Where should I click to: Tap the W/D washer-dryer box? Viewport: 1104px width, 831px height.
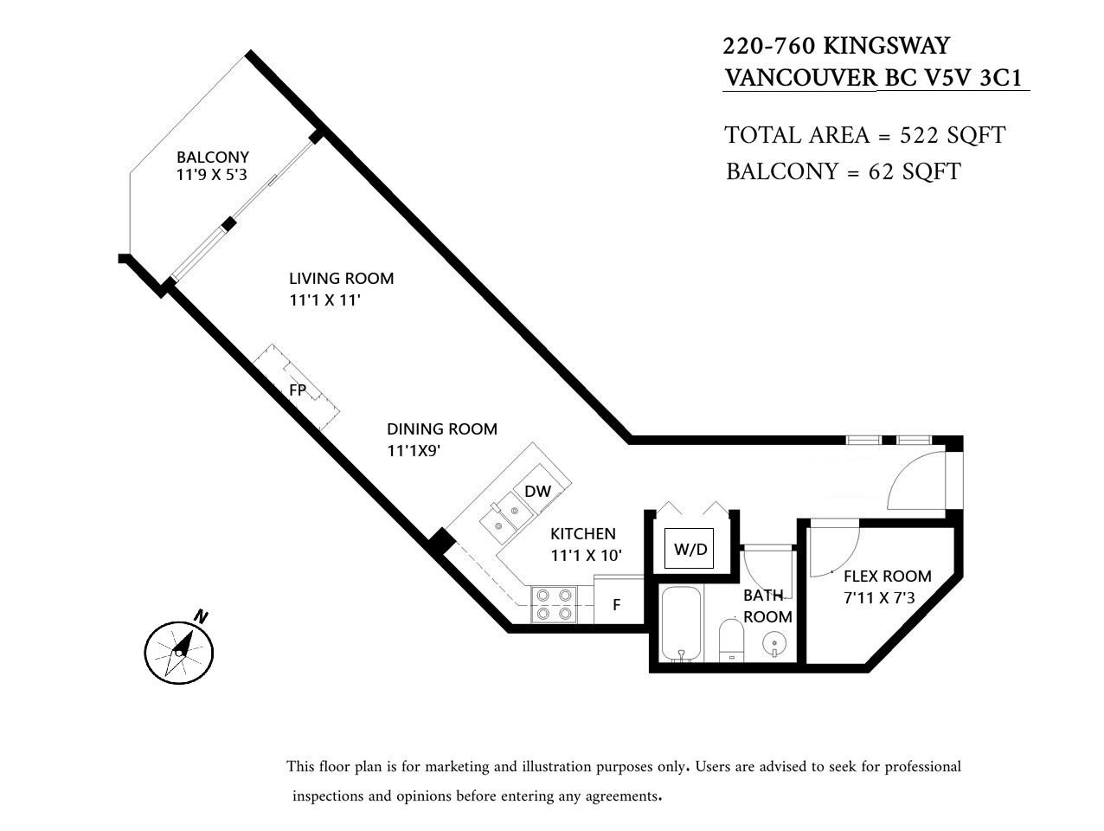[x=690, y=549]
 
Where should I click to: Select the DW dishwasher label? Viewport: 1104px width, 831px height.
[x=537, y=492]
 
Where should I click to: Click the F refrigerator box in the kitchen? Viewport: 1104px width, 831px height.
[x=618, y=604]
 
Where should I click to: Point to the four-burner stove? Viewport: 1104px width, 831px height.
[x=553, y=604]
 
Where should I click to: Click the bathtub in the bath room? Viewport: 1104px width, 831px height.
[x=682, y=623]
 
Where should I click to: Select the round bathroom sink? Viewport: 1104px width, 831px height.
[x=774, y=644]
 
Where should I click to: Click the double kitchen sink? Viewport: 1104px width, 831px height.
[x=504, y=517]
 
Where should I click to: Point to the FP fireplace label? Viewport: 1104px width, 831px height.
[x=298, y=390]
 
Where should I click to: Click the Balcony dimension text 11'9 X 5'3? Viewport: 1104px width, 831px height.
[x=213, y=175]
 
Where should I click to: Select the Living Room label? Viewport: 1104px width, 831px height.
[x=341, y=279]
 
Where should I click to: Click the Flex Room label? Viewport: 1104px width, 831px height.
[x=887, y=577]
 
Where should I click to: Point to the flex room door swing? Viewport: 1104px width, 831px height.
[x=834, y=551]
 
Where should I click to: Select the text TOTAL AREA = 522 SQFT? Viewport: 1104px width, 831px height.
[x=864, y=136]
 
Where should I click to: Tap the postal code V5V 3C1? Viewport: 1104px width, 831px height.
[x=973, y=78]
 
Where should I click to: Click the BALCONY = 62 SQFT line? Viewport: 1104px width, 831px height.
[x=843, y=171]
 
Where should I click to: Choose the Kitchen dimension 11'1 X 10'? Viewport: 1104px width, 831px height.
[x=586, y=556]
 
